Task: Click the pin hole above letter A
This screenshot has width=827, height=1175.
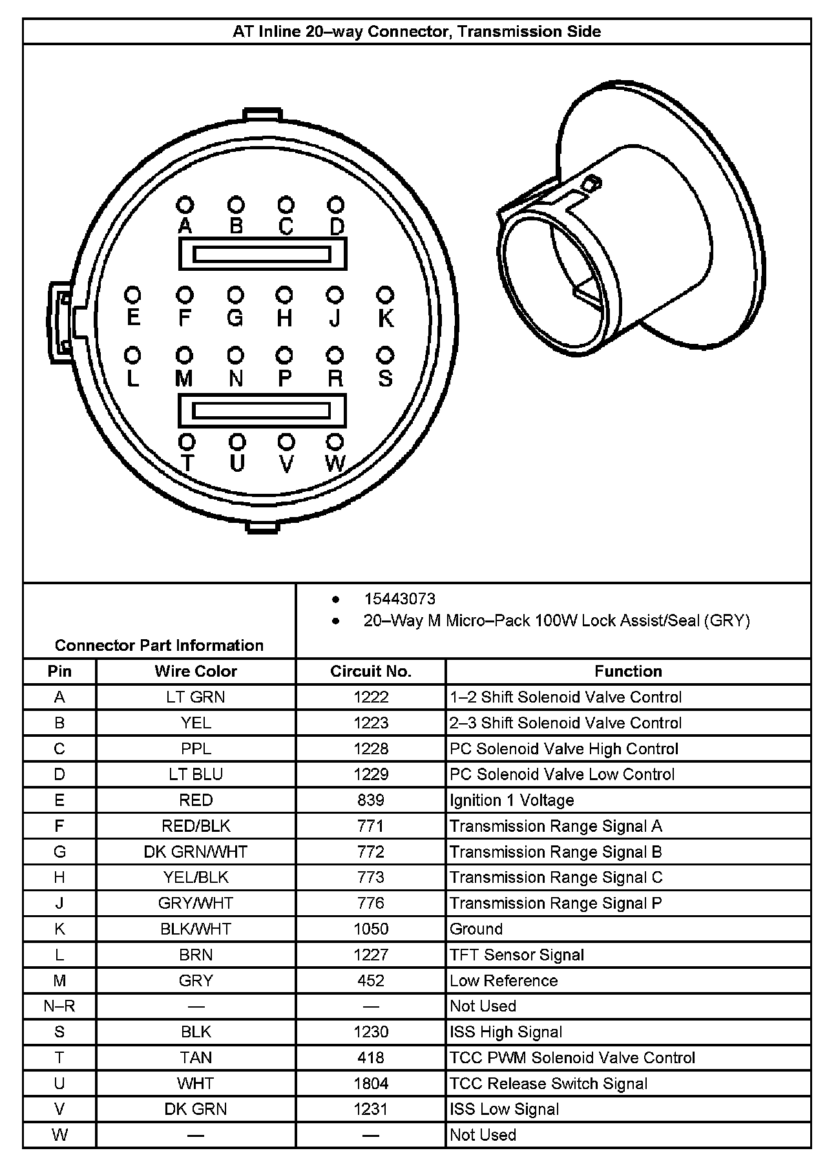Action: pyautogui.click(x=185, y=205)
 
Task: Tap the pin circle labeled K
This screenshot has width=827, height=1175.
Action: pyautogui.click(x=385, y=295)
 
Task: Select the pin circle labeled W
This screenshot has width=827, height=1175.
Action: pyautogui.click(x=335, y=442)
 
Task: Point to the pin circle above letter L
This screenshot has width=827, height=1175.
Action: pyautogui.click(x=132, y=355)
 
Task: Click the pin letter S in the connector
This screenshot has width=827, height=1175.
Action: pyautogui.click(x=385, y=378)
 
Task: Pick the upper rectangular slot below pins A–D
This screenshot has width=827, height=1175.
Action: pyautogui.click(x=262, y=254)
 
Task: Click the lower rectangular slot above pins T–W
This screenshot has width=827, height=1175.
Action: pyautogui.click(x=262, y=410)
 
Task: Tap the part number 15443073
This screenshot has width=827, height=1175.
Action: pyautogui.click(x=400, y=599)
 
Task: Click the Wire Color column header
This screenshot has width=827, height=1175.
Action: pyautogui.click(x=196, y=672)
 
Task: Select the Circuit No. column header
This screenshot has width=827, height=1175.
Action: pyautogui.click(x=371, y=672)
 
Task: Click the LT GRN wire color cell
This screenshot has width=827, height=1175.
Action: pyautogui.click(x=196, y=697)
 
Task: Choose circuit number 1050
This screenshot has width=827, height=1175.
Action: pyautogui.click(x=371, y=929)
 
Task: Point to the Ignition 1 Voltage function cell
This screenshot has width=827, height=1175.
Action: pyautogui.click(x=512, y=801)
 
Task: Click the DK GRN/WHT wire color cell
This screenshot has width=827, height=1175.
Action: pyautogui.click(x=196, y=852)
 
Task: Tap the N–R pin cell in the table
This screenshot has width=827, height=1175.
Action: pyautogui.click(x=59, y=1006)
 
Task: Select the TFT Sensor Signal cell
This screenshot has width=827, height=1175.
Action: pyautogui.click(x=517, y=955)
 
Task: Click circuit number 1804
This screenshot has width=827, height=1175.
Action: pyautogui.click(x=371, y=1084)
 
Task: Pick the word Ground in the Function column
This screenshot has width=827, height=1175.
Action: pyautogui.click(x=476, y=929)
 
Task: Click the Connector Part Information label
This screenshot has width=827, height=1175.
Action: pyautogui.click(x=159, y=646)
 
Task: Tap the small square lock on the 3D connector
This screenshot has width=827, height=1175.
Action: pyautogui.click(x=588, y=185)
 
